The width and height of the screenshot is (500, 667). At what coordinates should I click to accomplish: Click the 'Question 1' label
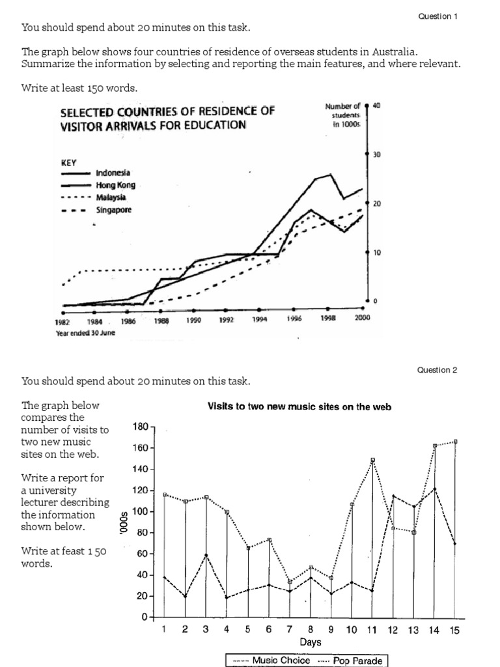pyautogui.click(x=437, y=16)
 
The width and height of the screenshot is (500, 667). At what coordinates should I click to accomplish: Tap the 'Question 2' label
pyautogui.click(x=437, y=370)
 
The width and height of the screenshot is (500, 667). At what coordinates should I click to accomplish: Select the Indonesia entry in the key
pyautogui.click(x=113, y=173)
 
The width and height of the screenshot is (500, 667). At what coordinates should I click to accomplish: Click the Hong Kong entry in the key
pyautogui.click(x=115, y=185)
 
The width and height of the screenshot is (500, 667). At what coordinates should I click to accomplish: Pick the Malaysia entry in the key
pyautogui.click(x=111, y=197)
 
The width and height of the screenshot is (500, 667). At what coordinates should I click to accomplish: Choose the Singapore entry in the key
pyautogui.click(x=113, y=210)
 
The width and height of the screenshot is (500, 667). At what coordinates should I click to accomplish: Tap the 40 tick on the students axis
pyautogui.click(x=376, y=106)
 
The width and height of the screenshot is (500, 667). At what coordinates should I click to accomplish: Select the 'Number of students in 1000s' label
pyautogui.click(x=342, y=115)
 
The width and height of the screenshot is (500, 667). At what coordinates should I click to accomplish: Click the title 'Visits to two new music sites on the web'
pyautogui.click(x=299, y=406)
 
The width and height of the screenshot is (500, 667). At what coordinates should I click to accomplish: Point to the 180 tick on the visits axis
pyautogui.click(x=141, y=427)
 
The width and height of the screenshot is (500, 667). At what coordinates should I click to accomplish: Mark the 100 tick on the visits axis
pyautogui.click(x=141, y=511)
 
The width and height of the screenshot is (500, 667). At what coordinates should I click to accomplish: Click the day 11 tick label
pyautogui.click(x=372, y=630)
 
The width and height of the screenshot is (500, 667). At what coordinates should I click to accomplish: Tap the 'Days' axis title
pyautogui.click(x=310, y=642)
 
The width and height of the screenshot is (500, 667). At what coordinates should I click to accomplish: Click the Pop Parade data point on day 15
pyautogui.click(x=454, y=442)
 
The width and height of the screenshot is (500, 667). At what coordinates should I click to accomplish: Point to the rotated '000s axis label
pyautogui.click(x=124, y=522)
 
